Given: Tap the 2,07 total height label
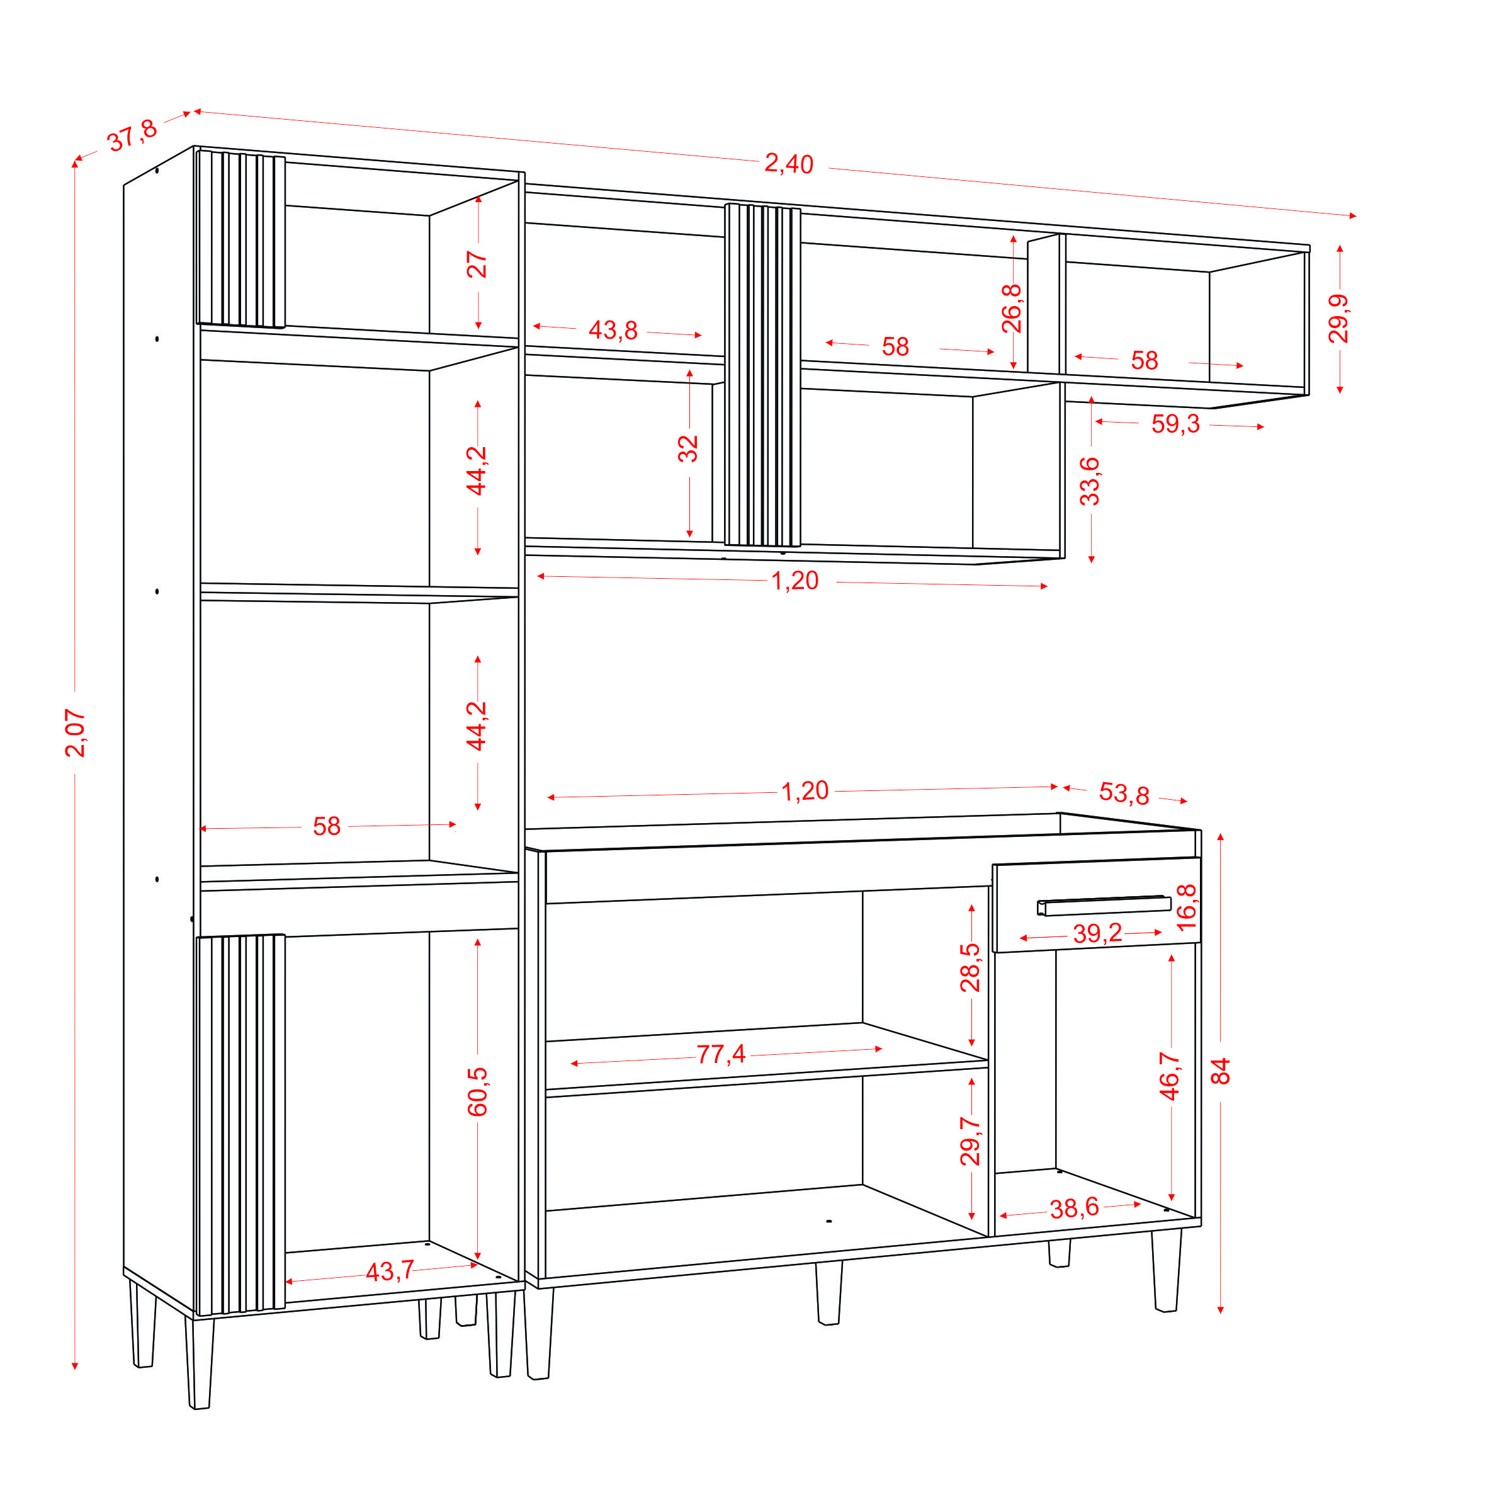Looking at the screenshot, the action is coord(76,732).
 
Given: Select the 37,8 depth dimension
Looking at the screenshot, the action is coord(133,136).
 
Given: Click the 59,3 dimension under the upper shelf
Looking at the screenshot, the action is coord(1175,423).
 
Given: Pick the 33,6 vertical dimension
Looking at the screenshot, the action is coord(1090,481).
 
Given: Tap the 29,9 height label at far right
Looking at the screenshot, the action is coord(1338,319).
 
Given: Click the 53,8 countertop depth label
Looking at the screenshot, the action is coord(1124,793).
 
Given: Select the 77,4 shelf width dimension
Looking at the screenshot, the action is coord(721,1054).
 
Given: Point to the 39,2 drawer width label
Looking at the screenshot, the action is coord(1098,933).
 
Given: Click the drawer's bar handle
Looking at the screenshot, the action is coord(1104,906).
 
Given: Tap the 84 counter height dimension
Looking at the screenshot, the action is coord(1220,1071).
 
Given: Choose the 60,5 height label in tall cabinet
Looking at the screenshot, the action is coord(478,1092).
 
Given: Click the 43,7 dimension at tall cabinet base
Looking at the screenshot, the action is coord(390,1271).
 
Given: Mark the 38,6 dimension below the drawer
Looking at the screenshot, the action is coord(1074,1208).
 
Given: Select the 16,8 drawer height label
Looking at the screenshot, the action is coord(1187,907).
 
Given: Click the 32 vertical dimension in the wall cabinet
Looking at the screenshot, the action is coord(687,449).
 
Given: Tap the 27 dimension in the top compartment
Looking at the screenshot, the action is coord(477,264).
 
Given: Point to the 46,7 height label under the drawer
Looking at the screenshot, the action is coord(1170,1076).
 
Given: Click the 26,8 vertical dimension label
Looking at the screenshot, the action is coord(1012,309).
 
